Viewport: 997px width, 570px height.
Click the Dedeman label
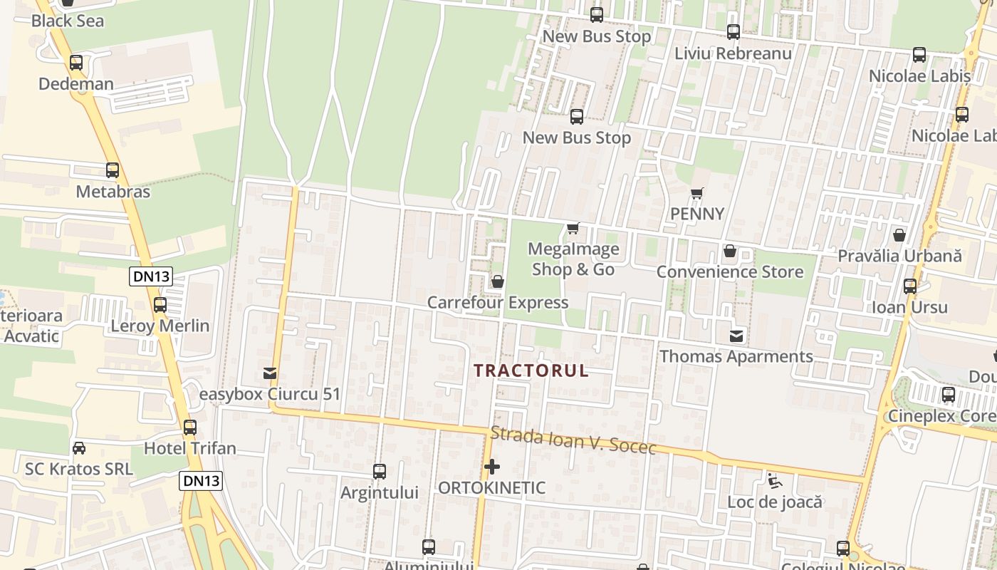pyautogui.click(x=76, y=84)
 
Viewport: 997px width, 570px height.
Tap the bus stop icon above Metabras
pyautogui.click(x=113, y=170)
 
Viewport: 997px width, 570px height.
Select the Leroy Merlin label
pyautogui.click(x=160, y=326)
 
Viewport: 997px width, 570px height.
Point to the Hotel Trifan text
pyautogui.click(x=190, y=448)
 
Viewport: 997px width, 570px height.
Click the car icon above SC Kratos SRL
pyautogui.click(x=79, y=448)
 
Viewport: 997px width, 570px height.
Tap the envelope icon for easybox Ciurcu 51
pyautogui.click(x=270, y=373)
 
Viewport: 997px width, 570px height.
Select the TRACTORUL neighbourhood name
pyautogui.click(x=531, y=370)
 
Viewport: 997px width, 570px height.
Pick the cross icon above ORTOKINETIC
pyautogui.click(x=491, y=467)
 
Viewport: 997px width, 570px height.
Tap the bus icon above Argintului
pyautogui.click(x=380, y=471)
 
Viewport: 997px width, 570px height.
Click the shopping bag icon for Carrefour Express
pyautogui.click(x=498, y=282)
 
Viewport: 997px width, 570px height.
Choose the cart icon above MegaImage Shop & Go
pyautogui.click(x=573, y=229)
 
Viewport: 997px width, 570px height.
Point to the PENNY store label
pyautogui.click(x=697, y=214)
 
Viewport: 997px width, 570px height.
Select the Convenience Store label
pyautogui.click(x=730, y=271)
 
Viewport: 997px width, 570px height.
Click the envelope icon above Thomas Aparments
pyautogui.click(x=736, y=336)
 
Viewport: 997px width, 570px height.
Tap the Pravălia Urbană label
pyautogui.click(x=899, y=256)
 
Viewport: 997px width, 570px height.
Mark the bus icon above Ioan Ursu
pyautogui.click(x=910, y=286)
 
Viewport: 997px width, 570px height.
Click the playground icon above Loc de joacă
pyautogui.click(x=775, y=482)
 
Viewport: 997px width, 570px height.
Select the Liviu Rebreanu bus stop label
pyautogui.click(x=733, y=53)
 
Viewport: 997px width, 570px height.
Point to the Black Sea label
pyautogui.click(x=68, y=21)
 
